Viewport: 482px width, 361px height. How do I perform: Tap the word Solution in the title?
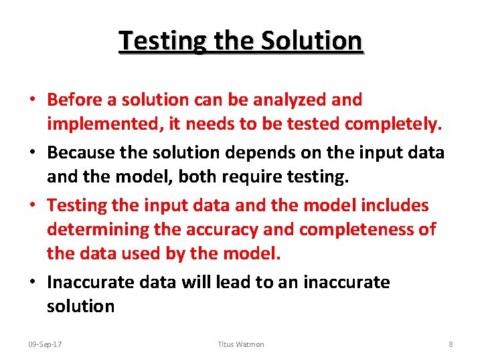tap(311, 41)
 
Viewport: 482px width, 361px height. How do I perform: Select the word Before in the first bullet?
tap(74, 100)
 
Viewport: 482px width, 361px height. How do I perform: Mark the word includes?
tap(395, 205)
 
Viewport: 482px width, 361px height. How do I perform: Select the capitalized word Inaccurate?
tap(91, 282)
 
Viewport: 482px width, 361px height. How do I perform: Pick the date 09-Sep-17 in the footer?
tap(45, 344)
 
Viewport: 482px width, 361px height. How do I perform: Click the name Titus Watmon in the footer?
tap(241, 344)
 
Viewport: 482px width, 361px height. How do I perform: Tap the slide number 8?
tap(451, 344)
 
